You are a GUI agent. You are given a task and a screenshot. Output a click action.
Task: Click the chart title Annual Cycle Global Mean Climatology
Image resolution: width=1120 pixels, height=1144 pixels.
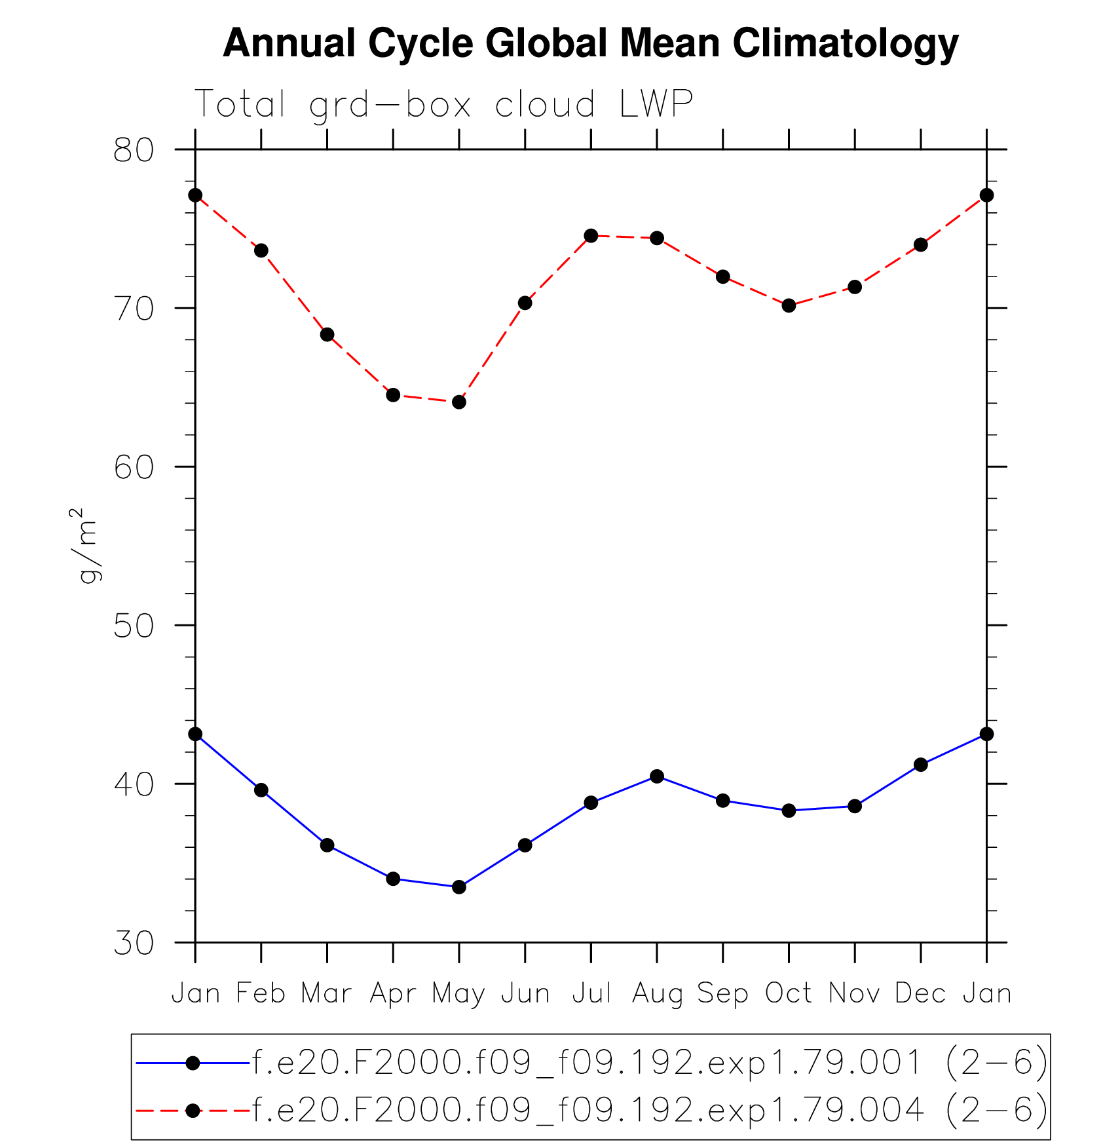[590, 43]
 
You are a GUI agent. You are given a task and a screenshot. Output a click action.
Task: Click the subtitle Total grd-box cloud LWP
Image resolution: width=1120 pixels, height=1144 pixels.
[443, 104]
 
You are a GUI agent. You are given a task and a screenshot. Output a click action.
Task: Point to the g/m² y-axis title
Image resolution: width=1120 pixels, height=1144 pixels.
[86, 545]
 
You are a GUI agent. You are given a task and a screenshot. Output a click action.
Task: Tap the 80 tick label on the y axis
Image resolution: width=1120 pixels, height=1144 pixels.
[134, 151]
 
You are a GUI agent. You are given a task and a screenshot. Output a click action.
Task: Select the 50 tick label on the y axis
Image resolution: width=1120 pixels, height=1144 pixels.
[134, 626]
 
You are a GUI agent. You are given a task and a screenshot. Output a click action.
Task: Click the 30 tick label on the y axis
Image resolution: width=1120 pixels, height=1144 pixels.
[134, 944]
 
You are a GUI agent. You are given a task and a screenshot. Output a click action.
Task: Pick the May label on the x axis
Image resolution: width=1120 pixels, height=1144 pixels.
[458, 995]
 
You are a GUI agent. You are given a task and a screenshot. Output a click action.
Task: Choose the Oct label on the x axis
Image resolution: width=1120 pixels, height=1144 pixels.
[789, 993]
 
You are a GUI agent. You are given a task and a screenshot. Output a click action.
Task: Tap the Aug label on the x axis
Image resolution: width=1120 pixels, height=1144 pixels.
[657, 995]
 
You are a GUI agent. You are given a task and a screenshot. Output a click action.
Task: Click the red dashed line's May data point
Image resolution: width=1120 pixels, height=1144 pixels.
[459, 402]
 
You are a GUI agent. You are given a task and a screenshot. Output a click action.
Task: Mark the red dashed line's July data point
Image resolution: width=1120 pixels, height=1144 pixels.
[591, 236]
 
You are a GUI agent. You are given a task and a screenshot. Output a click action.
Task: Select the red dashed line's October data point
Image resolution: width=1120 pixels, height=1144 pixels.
[789, 305]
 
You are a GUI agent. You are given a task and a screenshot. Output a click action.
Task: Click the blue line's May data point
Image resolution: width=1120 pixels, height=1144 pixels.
[459, 887]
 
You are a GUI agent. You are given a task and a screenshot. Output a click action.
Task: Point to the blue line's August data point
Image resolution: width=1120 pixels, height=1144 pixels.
[657, 776]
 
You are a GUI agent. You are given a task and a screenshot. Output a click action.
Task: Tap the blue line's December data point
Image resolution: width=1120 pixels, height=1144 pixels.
[921, 765]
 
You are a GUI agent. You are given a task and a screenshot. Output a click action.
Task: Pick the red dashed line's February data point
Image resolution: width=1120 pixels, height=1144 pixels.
[261, 250]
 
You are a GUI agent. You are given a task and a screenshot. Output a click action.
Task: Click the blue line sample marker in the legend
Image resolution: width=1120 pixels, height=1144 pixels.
[193, 1063]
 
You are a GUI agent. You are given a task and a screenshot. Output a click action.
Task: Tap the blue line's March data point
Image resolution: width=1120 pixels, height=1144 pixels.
[327, 845]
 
